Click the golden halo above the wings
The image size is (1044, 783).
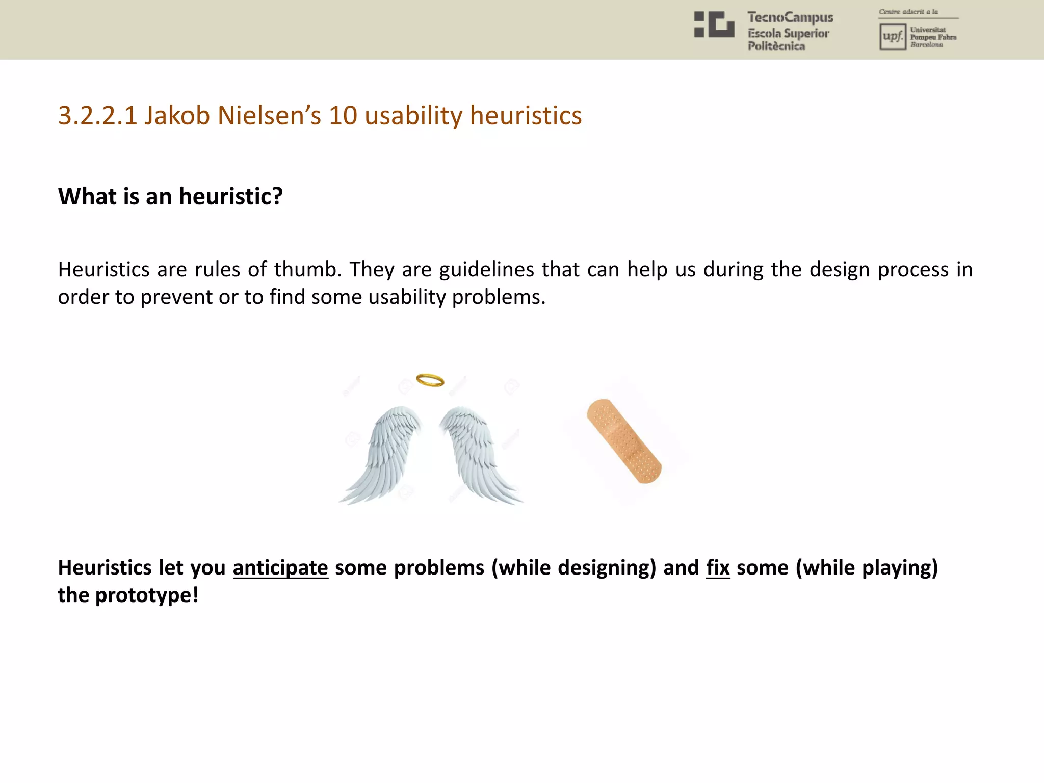(x=430, y=380)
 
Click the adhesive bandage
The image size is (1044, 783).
(x=624, y=441)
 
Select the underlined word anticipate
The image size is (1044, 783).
(x=280, y=568)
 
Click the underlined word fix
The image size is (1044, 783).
(x=718, y=568)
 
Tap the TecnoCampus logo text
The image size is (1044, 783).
(x=790, y=18)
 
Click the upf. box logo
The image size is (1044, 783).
(x=893, y=37)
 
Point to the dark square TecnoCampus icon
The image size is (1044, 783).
(x=714, y=24)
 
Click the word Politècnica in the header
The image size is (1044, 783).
(x=776, y=46)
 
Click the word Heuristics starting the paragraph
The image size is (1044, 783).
(x=104, y=270)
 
